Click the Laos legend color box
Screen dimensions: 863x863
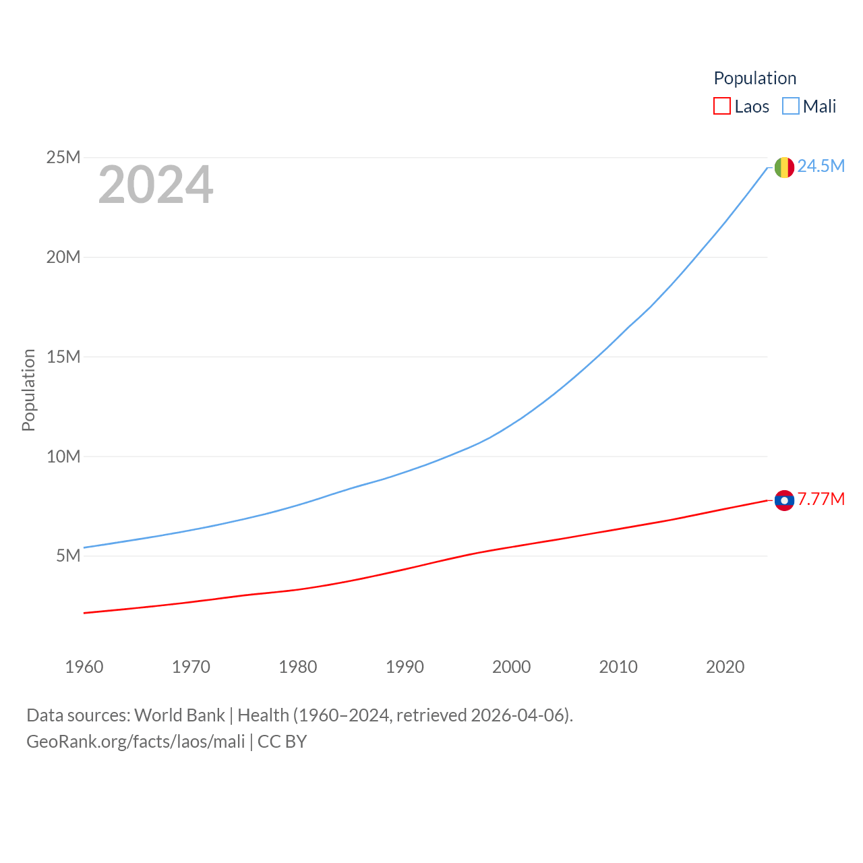tap(722, 107)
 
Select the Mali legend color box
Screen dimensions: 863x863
tap(791, 107)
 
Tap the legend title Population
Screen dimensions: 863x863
tap(754, 78)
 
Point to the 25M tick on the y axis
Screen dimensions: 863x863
tap(63, 158)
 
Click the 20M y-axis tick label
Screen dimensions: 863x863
tap(63, 258)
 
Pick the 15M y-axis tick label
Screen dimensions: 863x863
tap(63, 357)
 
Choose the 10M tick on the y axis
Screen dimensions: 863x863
tap(63, 456)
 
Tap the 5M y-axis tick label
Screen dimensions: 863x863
tap(68, 556)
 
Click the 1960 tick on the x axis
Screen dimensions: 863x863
tap(84, 667)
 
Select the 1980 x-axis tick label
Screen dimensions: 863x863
tap(298, 667)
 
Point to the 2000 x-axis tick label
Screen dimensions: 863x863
tap(512, 667)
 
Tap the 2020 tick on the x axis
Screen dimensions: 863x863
tap(725, 667)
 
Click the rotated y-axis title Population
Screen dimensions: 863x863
tap(28, 390)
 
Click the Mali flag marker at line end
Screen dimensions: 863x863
tap(784, 167)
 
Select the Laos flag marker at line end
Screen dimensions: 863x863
tap(784, 500)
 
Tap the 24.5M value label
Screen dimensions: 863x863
tap(821, 167)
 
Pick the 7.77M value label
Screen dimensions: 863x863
tap(821, 500)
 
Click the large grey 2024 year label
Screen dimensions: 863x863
tap(156, 185)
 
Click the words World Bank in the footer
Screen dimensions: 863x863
tap(179, 715)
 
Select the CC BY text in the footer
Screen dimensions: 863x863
tap(282, 742)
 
